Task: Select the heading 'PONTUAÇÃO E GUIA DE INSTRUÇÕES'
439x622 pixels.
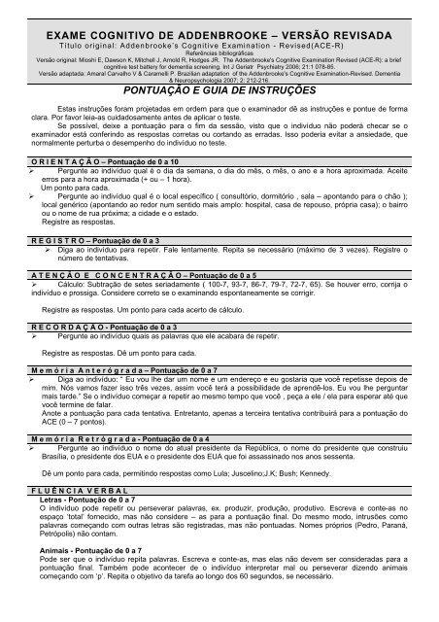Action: [x=219, y=86]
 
